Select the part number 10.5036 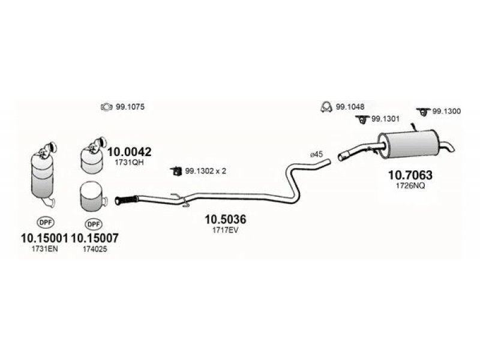(226, 220)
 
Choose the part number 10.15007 (94, 238)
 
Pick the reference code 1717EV (226, 230)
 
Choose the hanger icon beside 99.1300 (422, 111)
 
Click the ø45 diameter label (316, 154)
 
